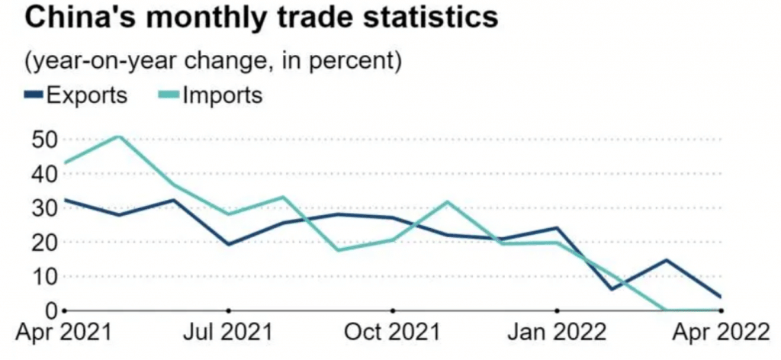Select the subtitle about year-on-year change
tap(213, 61)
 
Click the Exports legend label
tap(86, 95)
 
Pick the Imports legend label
tap(222, 95)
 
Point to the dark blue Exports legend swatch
tap(34, 95)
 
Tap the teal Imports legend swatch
tap(169, 95)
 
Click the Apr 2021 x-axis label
tap(64, 333)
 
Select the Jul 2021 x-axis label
tap(228, 333)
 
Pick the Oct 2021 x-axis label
tap(392, 333)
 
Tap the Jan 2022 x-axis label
tap(557, 333)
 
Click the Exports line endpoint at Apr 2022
tap(721, 297)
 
